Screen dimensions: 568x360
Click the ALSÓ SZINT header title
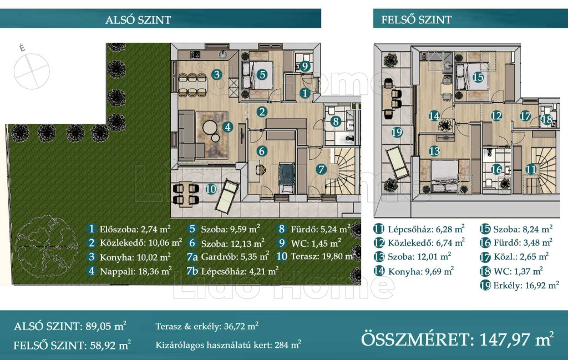(138, 19)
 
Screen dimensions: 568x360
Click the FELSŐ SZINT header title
(416, 19)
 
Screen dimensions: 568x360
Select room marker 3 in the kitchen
(217, 75)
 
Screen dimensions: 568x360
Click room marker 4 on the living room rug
(227, 127)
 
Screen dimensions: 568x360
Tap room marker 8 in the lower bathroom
(336, 121)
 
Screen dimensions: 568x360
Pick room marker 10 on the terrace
(210, 189)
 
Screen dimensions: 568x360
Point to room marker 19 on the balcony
(397, 132)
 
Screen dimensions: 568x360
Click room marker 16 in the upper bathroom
(496, 169)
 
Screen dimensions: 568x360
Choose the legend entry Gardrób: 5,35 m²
(228, 257)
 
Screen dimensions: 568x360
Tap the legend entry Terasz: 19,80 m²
(315, 256)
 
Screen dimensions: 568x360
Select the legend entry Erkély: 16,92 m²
(519, 285)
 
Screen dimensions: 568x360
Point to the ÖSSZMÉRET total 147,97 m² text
(457, 339)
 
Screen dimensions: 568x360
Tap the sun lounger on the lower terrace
(227, 196)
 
